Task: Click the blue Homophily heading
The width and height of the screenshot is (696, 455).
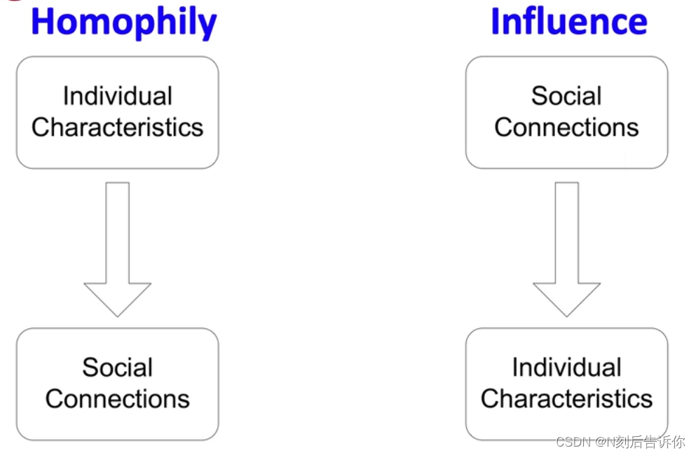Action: point(124,22)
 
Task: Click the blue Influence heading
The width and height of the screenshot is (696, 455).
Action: point(568,22)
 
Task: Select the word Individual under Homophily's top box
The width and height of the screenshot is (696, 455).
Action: point(117,97)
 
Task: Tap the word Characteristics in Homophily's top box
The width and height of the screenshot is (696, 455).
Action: point(117,127)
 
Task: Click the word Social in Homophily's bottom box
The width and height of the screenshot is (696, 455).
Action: point(117,367)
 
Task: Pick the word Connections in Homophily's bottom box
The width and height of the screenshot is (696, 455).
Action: point(117,399)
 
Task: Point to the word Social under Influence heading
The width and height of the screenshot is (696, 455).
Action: point(566,97)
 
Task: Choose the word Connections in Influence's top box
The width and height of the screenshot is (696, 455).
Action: point(566,127)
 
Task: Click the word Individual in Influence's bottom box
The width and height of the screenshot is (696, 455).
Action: point(566,367)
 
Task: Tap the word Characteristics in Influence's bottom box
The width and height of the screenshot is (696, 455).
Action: point(566,399)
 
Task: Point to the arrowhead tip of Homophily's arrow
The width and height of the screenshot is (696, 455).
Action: point(117,314)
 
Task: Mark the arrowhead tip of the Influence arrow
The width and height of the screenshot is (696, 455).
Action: point(566,314)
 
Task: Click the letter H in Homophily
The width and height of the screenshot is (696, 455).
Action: point(43,22)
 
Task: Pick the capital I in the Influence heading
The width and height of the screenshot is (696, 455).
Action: point(496,22)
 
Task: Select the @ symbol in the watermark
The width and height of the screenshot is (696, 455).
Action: point(601,442)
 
